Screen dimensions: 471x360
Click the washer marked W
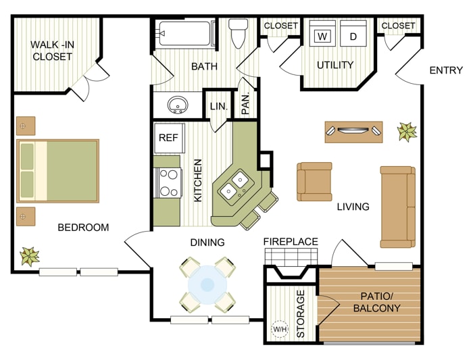[x=322, y=33]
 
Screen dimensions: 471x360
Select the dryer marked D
[x=353, y=33]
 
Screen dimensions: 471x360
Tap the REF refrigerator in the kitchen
[x=169, y=138]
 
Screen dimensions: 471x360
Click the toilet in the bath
[x=239, y=33]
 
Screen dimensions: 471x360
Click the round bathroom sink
[x=178, y=105]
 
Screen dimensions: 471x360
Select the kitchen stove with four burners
[x=168, y=182]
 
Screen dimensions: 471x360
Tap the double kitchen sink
[x=234, y=187]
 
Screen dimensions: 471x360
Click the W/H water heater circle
[x=280, y=329]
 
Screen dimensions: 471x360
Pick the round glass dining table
[x=207, y=284]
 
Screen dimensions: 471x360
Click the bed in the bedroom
[x=58, y=171]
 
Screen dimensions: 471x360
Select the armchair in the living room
[x=314, y=182]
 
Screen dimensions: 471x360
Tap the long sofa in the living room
[x=398, y=207]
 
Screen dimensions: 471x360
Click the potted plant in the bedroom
[x=30, y=257]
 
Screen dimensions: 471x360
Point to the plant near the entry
[x=407, y=132]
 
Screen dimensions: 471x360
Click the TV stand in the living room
[x=353, y=132]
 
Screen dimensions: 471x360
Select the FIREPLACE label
[x=291, y=242]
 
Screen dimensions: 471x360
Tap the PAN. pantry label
[x=245, y=104]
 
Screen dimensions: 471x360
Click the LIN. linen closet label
[x=219, y=106]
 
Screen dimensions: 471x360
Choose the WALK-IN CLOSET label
[x=52, y=51]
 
